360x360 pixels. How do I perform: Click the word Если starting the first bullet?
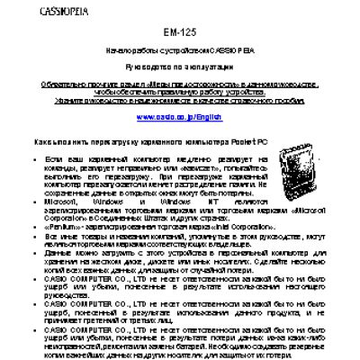click(x=52, y=158)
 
